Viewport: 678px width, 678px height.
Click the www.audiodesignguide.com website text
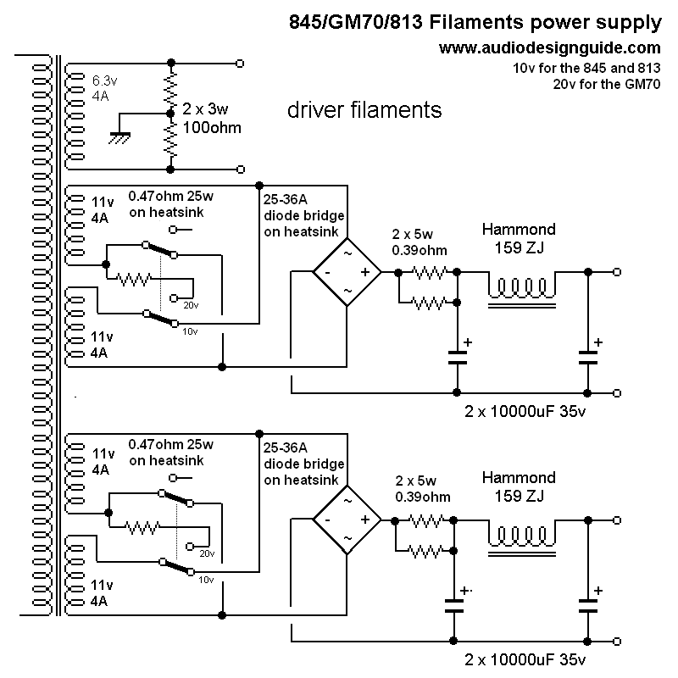[549, 48]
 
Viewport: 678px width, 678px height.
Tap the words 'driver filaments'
[364, 109]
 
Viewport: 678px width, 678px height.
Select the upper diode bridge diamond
[347, 272]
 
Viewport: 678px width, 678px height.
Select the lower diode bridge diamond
[347, 520]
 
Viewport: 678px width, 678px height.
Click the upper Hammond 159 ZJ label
[519, 238]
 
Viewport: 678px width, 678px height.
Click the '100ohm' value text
[212, 128]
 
